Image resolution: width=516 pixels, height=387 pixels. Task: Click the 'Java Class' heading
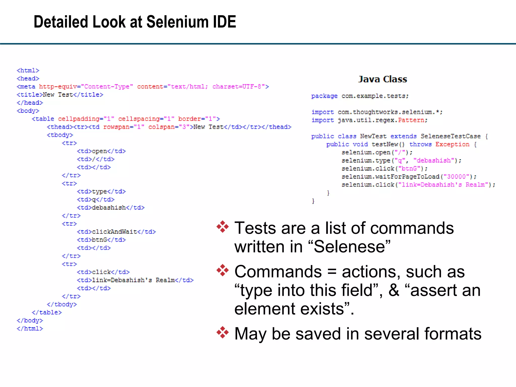click(382, 79)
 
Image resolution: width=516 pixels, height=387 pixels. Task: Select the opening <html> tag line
click(28, 71)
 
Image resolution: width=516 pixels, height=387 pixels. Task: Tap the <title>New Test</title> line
click(60, 95)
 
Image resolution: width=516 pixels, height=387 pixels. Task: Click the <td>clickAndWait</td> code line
click(116, 232)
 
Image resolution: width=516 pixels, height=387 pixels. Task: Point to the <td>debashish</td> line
click(111, 208)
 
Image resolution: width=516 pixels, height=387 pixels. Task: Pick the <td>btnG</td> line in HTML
click(101, 240)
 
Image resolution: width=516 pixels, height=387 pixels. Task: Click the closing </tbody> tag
click(62, 304)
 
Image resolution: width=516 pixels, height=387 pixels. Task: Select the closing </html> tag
click(30, 329)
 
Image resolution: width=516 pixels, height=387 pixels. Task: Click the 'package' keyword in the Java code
click(324, 96)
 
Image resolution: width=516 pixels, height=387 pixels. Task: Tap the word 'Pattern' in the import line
click(411, 120)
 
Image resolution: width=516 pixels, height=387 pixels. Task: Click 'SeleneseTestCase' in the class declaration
click(450, 136)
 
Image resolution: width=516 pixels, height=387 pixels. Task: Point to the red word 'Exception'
click(452, 144)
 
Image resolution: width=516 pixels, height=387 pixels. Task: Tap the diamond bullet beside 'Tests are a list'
click(222, 227)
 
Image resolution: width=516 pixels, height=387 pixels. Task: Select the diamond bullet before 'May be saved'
click(222, 332)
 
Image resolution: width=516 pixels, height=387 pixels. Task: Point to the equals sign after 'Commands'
click(332, 272)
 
